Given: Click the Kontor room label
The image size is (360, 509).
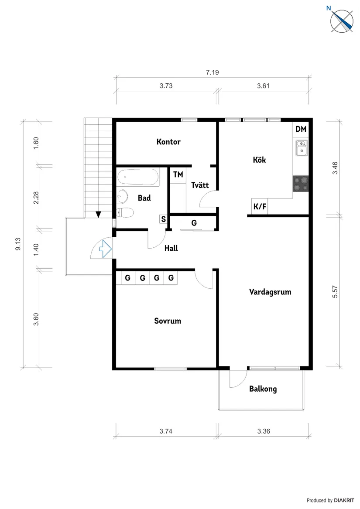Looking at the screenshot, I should tap(168, 142).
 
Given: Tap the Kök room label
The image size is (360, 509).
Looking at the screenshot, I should tap(259, 160).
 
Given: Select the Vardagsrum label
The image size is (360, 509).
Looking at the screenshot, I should tap(270, 292).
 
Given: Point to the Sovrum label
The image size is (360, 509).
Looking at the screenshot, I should tap(168, 321).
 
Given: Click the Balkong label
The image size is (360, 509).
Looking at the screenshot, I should tap(263, 389).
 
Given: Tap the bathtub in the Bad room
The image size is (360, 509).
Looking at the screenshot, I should tap(137, 178).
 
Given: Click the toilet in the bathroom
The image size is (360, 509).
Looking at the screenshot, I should tap(126, 213).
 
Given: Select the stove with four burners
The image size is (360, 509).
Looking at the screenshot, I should tap(301, 183).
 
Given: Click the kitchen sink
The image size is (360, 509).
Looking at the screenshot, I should tap(301, 148).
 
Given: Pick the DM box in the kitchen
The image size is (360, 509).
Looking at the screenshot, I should tap(301, 129).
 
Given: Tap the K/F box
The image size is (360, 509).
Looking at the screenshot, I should tap(260, 207).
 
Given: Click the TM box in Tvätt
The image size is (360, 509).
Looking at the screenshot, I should tap(178, 174).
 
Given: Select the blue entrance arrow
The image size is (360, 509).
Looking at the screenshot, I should tap(105, 249).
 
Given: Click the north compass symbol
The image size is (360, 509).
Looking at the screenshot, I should tap(342, 20).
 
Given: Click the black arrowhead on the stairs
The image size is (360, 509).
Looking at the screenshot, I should tap(99, 214).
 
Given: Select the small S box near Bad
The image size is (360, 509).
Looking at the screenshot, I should tap(163, 219).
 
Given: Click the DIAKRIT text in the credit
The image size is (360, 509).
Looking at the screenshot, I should tap(345, 500).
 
